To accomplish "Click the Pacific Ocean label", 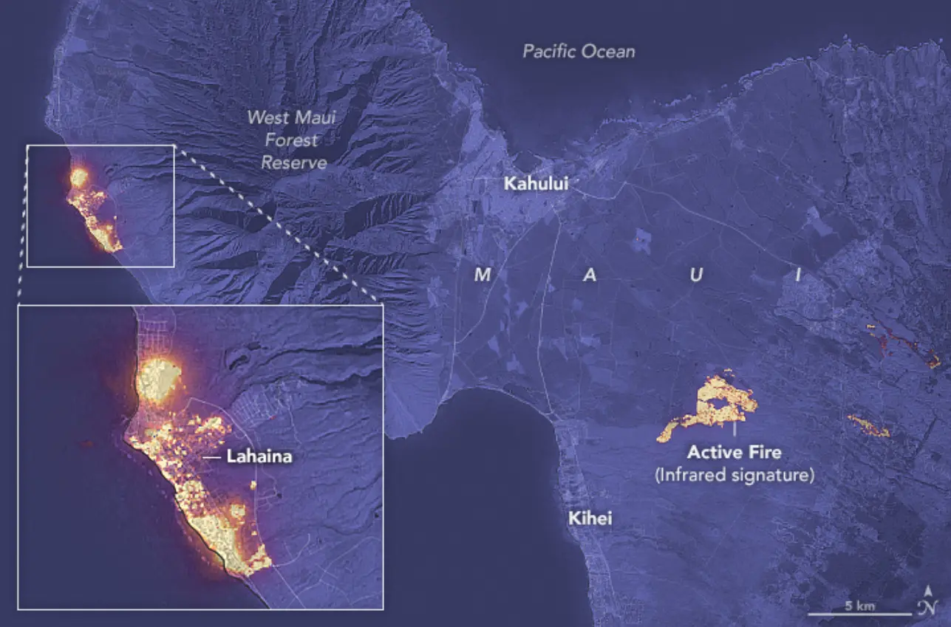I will pos(579,52).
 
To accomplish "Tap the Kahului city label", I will pos(536,184).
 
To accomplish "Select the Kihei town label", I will pos(590,518).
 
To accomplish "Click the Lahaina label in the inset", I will pos(259,457).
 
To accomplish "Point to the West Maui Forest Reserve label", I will pos(292,140).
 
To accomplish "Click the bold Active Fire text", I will pos(734,451).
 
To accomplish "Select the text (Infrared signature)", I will pos(734,476).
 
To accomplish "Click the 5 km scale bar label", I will pos(860,606).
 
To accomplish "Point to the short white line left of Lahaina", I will pos(211,458).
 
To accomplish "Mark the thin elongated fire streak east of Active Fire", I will pos(868,425).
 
